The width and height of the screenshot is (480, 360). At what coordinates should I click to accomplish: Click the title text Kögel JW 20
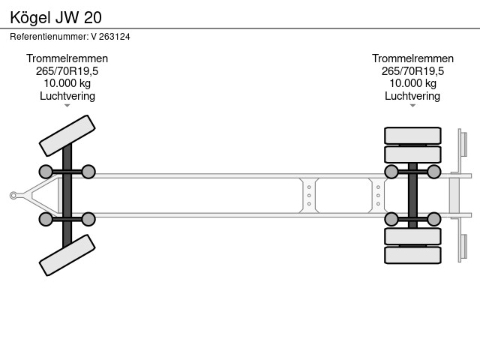[x=55, y=17]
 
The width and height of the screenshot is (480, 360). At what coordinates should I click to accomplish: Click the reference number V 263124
[x=110, y=37]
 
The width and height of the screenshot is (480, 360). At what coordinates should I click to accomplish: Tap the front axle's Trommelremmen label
[x=67, y=58]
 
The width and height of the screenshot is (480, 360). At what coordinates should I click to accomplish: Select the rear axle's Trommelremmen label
[x=412, y=58]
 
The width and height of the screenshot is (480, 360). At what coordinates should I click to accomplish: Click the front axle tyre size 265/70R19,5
[x=67, y=71]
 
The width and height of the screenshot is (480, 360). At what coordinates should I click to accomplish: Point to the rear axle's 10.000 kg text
[x=412, y=83]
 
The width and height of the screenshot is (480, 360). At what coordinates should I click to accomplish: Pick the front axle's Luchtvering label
[x=67, y=96]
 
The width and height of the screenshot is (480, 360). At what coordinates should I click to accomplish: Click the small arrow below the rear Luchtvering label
[x=412, y=106]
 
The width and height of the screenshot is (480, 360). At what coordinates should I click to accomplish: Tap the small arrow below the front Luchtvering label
[x=67, y=106]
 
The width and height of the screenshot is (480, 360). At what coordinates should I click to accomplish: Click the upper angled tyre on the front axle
[x=67, y=136]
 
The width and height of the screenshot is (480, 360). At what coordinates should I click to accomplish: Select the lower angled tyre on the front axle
[x=67, y=255]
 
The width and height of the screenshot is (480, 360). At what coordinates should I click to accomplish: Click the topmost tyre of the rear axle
[x=412, y=136]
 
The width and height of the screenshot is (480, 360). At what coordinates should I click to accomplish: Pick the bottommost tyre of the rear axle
[x=412, y=255]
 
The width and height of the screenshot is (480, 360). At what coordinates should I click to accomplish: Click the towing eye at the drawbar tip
[x=13, y=195]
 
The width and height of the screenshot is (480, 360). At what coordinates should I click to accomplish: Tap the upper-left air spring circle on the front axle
[x=46, y=172]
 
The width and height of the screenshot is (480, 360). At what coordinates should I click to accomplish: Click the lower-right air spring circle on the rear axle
[x=434, y=219]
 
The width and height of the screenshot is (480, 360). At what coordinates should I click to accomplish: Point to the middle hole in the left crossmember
[x=309, y=195]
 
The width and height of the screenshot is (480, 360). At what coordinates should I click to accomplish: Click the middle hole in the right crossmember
[x=378, y=195]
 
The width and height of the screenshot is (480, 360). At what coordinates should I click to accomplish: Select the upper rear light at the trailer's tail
[x=463, y=144]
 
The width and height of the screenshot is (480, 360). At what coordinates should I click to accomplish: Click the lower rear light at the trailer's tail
[x=463, y=247]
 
